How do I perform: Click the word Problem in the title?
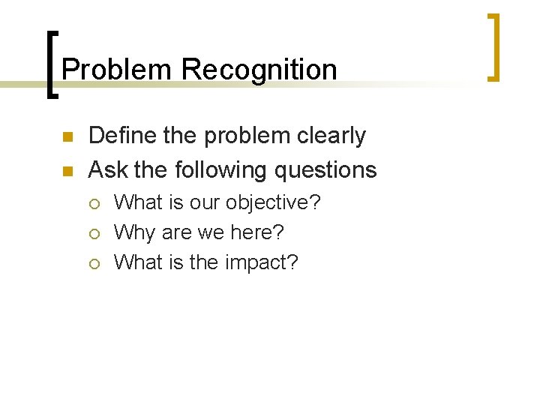coord(118,70)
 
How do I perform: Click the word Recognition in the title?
coord(259,70)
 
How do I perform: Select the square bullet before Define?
coord(66,138)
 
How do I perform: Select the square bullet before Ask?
coord(66,172)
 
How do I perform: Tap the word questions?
coord(325,171)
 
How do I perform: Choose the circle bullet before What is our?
coord(95,203)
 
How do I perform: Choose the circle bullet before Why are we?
coord(95,233)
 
